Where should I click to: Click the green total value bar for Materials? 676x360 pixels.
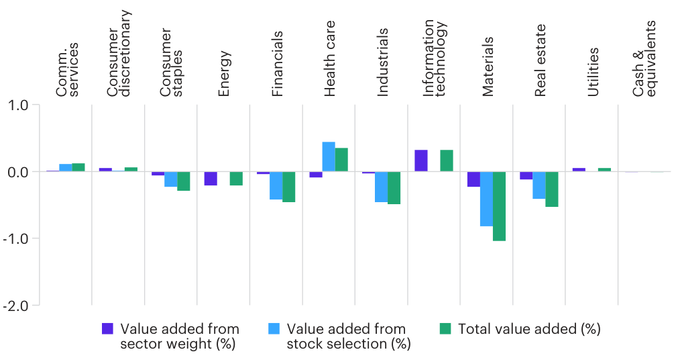[x=499, y=206]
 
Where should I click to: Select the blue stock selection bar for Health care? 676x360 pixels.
[x=329, y=156]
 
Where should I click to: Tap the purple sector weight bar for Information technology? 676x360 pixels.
[x=420, y=161]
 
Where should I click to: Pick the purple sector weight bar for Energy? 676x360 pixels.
[x=211, y=178]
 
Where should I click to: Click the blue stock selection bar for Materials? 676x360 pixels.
[x=486, y=198]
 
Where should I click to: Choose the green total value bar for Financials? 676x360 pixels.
[x=289, y=187]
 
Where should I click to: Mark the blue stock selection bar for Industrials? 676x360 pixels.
[x=381, y=186]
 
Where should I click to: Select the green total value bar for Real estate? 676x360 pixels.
[x=551, y=189]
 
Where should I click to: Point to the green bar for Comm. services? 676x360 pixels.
[x=78, y=167]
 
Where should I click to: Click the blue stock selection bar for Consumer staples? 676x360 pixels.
[x=171, y=179]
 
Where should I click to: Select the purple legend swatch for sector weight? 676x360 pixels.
[x=107, y=328]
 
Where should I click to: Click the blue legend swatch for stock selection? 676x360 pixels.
[x=274, y=328]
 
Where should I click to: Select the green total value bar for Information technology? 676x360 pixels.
[x=447, y=161]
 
